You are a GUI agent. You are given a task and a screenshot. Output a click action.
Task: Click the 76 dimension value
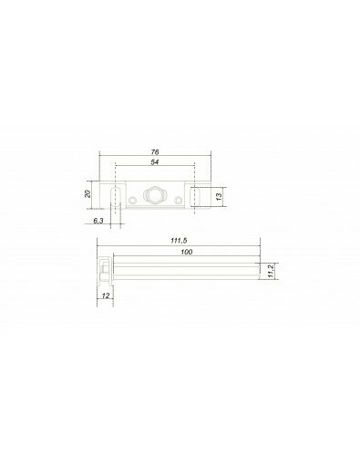[155, 152]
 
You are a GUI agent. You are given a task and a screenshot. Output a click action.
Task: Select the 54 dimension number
[155, 162]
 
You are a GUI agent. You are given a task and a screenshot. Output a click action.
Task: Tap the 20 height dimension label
[87, 193]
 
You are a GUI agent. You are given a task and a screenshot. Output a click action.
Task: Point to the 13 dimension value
[219, 197]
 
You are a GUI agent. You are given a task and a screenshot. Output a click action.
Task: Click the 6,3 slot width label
[98, 221]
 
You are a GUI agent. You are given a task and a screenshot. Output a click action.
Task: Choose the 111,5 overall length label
[179, 241]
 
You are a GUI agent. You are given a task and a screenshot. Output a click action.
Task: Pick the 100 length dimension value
[187, 252]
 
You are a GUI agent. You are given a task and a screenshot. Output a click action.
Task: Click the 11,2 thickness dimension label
[272, 271]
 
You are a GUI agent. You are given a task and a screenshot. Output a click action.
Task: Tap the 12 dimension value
[106, 295]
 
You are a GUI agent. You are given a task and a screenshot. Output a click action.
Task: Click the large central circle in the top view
[153, 195]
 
